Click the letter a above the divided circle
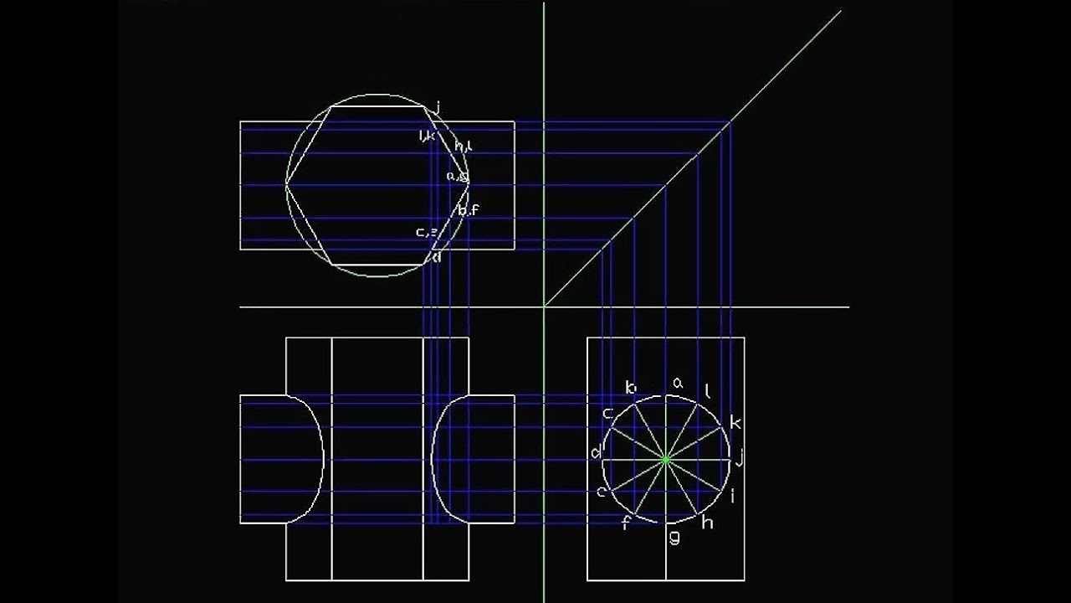click(678, 383)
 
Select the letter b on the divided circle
click(631, 388)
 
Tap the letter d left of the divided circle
click(596, 453)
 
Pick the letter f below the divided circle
click(624, 524)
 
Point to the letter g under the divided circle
click(674, 537)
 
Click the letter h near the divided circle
click(707, 523)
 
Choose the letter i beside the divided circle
click(733, 496)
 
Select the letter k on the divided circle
click(735, 422)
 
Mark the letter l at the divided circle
click(708, 389)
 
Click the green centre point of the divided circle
click(665, 459)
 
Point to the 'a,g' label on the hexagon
click(457, 177)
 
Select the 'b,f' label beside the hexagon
click(468, 209)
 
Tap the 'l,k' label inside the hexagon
click(427, 136)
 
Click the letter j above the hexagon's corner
click(438, 106)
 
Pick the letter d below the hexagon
click(437, 257)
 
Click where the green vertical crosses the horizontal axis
click(544, 307)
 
